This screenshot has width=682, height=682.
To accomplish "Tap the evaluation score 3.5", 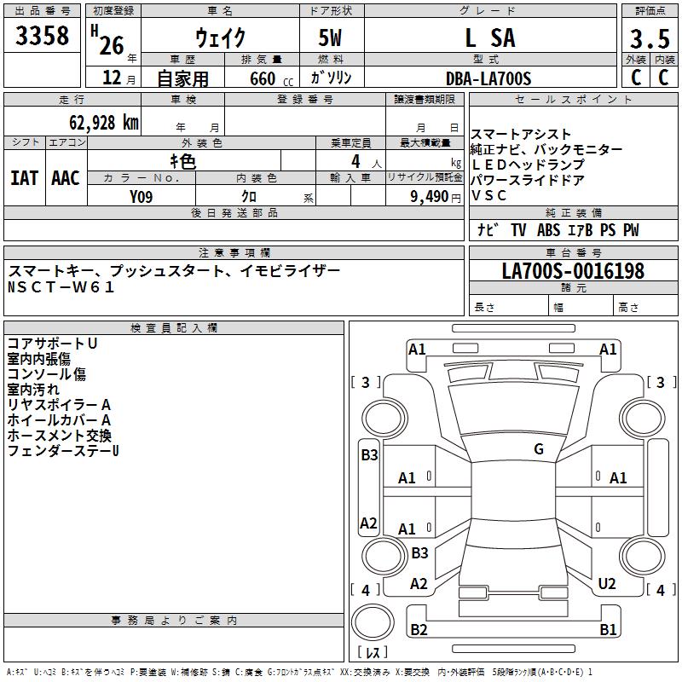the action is click(x=648, y=39).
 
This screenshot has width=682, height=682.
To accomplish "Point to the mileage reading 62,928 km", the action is click(x=95, y=122).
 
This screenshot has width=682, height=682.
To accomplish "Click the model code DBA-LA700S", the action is click(x=488, y=78).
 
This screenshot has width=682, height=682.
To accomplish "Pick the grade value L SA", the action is click(x=489, y=38).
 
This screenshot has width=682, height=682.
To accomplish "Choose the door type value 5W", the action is click(x=332, y=38).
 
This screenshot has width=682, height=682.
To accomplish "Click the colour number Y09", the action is click(x=142, y=195).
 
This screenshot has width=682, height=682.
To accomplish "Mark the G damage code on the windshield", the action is click(x=539, y=449).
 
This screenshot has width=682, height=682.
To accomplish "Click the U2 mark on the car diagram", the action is click(x=607, y=584).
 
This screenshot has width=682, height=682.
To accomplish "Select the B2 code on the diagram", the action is click(x=419, y=630).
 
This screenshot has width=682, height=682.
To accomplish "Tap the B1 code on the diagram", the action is click(x=608, y=630).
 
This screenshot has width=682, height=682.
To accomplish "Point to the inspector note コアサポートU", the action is click(x=52, y=343).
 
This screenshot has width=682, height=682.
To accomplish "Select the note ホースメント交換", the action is click(x=60, y=435).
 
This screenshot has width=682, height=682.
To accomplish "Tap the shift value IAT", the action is click(x=24, y=178).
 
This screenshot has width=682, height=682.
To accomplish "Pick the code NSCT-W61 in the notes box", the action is click(x=61, y=287).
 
